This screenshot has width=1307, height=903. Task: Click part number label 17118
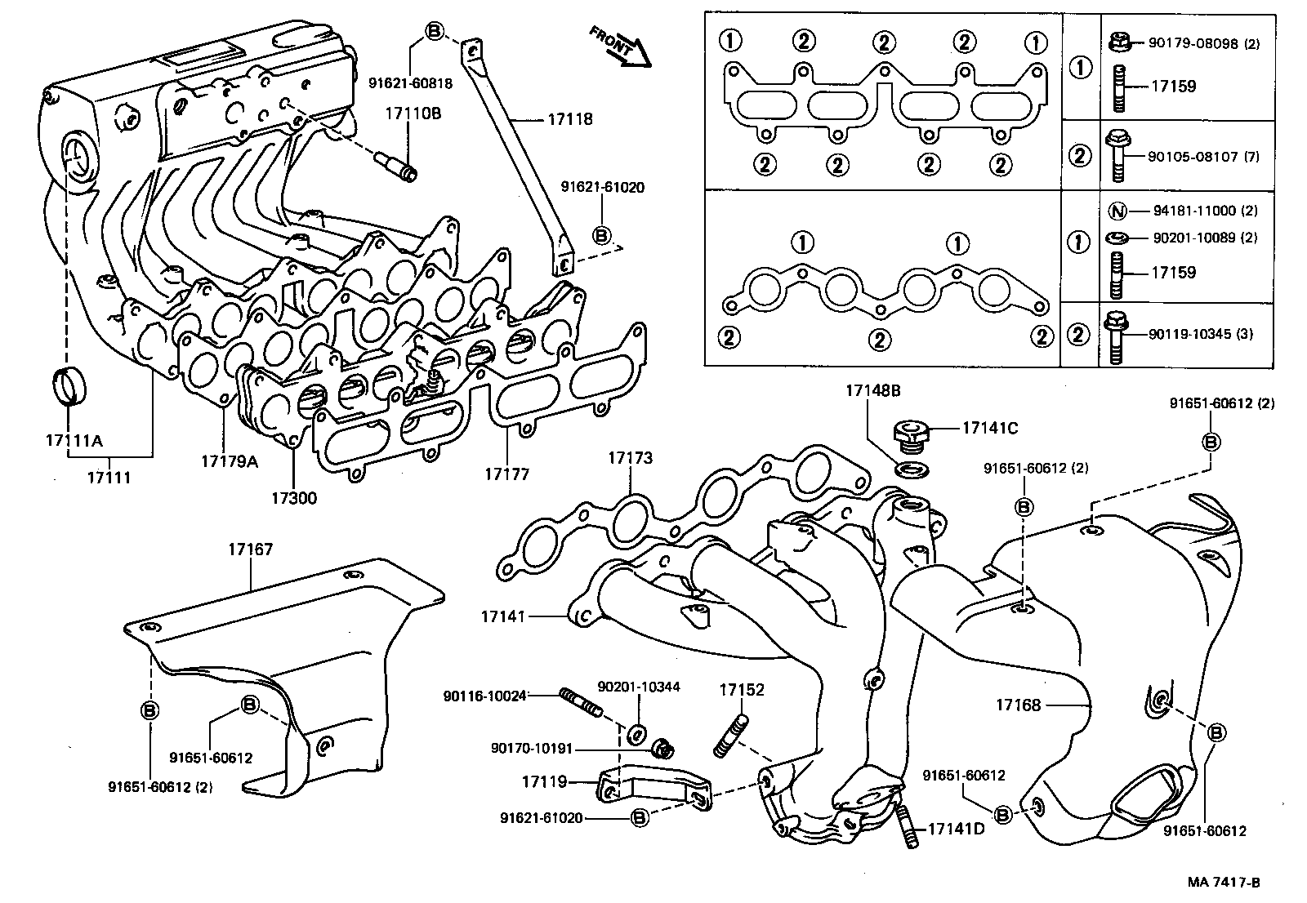point(569,119)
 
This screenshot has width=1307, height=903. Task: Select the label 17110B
point(413,113)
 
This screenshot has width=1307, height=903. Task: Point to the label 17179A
point(230,461)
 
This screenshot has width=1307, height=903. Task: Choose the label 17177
point(506,474)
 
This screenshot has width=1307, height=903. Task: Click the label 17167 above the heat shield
point(250,551)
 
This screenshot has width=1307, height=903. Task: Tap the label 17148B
point(872,391)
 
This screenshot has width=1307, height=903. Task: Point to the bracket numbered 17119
point(653,790)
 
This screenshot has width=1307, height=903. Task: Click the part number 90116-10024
point(484,696)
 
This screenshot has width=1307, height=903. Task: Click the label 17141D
point(956,830)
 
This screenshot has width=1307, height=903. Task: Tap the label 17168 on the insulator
point(1018,705)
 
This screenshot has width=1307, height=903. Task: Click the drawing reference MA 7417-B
point(1224,883)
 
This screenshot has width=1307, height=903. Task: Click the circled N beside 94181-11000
point(1117,211)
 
